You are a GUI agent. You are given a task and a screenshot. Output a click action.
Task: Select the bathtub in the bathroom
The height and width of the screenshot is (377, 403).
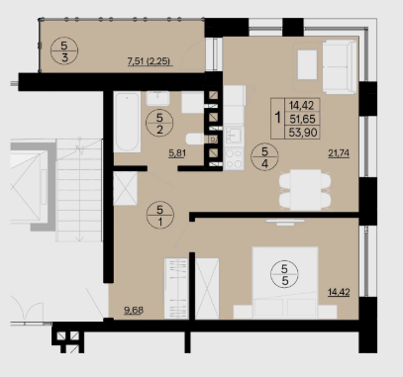(127, 122)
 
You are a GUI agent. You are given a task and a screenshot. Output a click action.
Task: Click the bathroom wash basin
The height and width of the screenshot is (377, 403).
(157, 99)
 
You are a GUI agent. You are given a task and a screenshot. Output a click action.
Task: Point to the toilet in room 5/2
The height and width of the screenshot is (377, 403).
(195, 139)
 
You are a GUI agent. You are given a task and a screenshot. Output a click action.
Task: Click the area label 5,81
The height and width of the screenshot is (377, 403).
(176, 153)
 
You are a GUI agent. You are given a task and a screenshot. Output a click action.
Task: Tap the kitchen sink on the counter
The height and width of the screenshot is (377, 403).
(234, 136)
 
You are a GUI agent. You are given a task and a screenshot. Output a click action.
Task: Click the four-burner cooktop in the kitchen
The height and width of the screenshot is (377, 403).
(234, 159)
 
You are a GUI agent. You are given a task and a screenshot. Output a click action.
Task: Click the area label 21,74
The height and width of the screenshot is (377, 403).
(339, 153)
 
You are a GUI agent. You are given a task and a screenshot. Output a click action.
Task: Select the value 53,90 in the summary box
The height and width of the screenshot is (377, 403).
(303, 133)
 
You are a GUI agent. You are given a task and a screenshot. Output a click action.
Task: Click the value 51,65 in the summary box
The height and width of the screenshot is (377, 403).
(302, 119)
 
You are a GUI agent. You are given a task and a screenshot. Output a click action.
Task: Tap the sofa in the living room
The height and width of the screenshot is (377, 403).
(340, 66)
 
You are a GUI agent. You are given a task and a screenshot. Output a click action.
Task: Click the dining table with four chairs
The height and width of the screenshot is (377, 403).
(305, 190)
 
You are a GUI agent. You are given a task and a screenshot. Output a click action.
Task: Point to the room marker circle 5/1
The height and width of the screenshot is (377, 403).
(160, 215)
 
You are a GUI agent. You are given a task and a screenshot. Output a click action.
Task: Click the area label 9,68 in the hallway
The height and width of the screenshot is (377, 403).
(134, 311)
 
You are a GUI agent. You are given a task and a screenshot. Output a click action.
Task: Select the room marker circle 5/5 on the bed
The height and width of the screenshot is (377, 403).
(284, 274)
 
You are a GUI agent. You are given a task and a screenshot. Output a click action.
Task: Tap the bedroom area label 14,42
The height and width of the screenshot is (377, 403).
(339, 292)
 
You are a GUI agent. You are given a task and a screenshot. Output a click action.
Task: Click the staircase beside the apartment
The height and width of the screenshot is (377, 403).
(79, 190)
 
